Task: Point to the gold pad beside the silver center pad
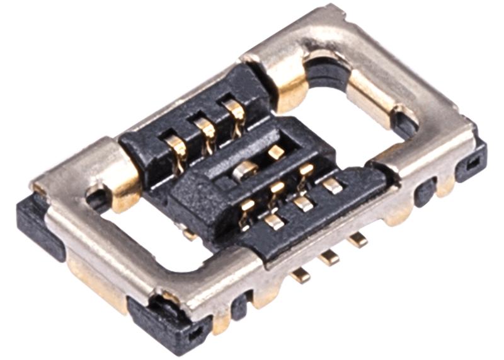click(x=276, y=152)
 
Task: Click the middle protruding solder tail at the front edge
click(x=328, y=257)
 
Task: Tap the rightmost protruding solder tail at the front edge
click(x=357, y=239)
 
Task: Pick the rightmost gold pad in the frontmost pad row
click(x=332, y=185)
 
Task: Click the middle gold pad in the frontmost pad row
click(x=303, y=203)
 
